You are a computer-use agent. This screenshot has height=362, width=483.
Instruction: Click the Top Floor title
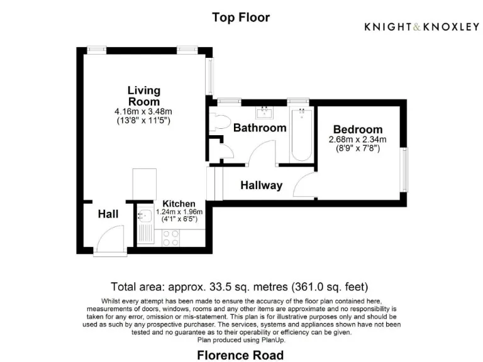[x=241, y=18]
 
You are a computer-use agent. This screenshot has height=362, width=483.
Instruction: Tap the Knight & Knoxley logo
[x=422, y=26]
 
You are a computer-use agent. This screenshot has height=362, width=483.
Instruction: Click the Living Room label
[x=144, y=96]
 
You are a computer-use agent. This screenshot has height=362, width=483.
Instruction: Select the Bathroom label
[x=260, y=128]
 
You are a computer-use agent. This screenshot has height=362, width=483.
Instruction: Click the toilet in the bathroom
[x=220, y=122]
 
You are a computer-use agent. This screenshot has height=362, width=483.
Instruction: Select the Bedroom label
[x=358, y=129]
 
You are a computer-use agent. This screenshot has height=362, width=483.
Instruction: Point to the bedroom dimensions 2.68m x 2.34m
[x=358, y=140]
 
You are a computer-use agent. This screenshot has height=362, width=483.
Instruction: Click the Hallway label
[x=262, y=185]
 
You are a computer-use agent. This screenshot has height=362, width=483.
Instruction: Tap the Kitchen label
[x=179, y=204]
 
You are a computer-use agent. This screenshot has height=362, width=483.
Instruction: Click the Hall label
[x=108, y=214]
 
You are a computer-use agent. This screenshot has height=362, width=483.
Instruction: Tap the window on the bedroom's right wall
[x=406, y=168]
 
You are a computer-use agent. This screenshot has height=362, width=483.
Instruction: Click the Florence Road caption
[x=241, y=355]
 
